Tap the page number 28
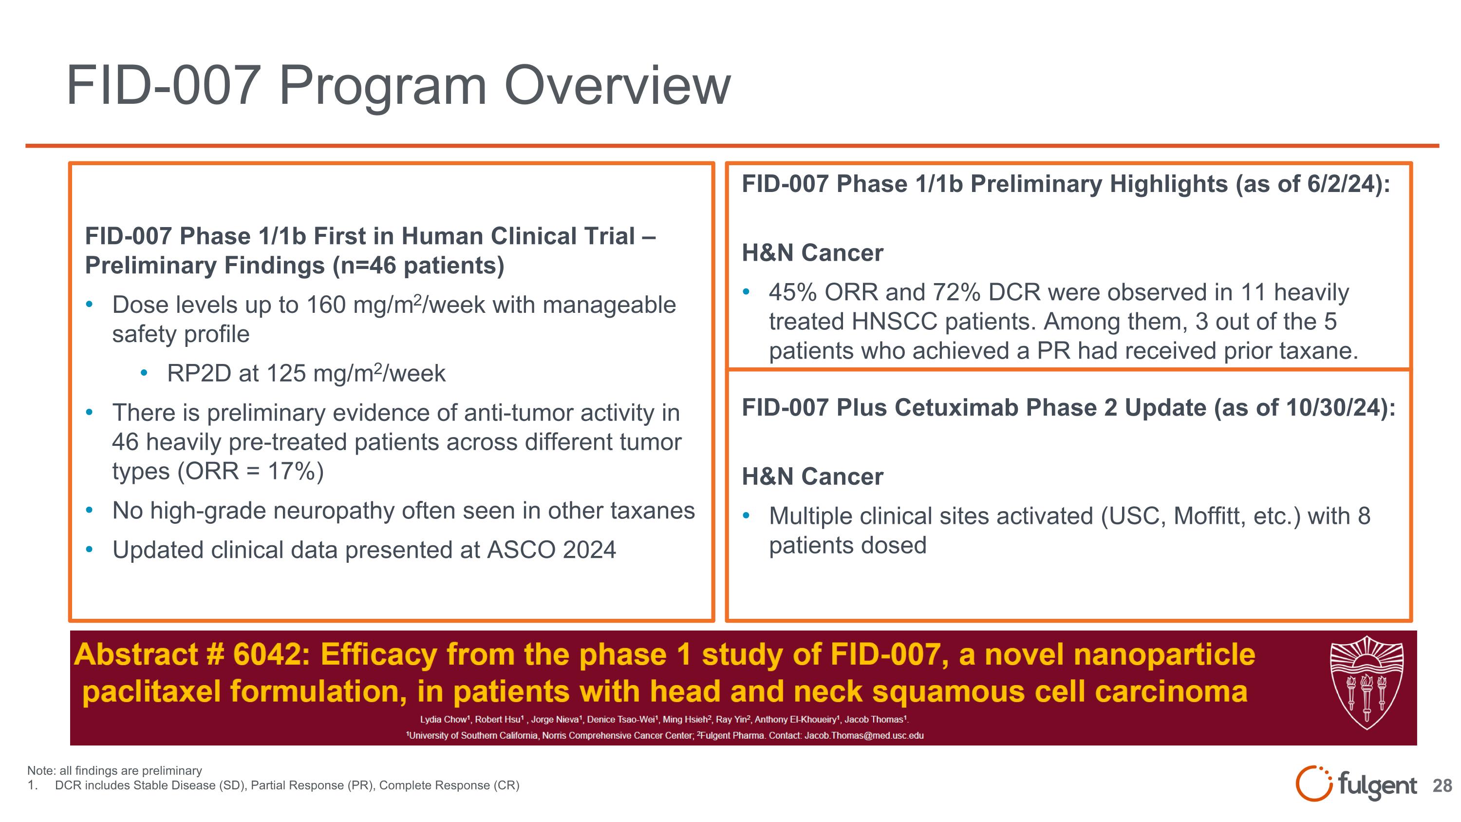tap(1442, 785)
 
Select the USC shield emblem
tap(1367, 683)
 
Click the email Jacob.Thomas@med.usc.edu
tap(864, 735)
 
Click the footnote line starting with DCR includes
tap(286, 785)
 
